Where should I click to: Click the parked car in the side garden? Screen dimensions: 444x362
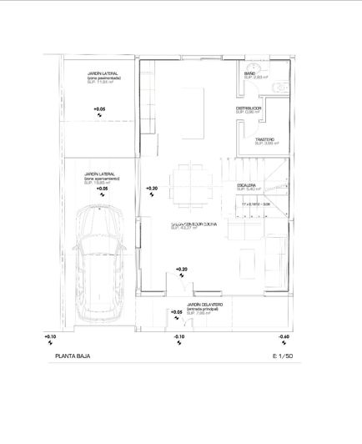99,265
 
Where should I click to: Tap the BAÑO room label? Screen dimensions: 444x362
249,73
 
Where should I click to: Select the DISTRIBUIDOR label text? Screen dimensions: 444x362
249,108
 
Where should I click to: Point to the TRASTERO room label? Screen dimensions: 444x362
264,139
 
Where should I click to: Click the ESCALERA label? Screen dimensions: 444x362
247,184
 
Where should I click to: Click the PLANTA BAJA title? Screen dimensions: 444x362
73,356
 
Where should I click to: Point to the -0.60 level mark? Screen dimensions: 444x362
284,336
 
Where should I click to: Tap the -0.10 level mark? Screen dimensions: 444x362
178,336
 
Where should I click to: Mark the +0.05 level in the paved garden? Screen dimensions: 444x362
100,109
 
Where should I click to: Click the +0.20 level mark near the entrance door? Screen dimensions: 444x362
182,269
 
